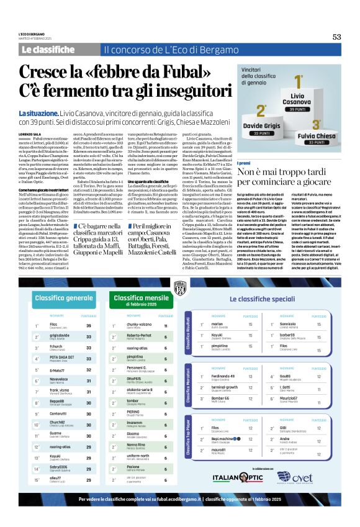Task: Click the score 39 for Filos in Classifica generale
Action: pos(89,325)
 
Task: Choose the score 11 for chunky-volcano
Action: pos(166,325)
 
